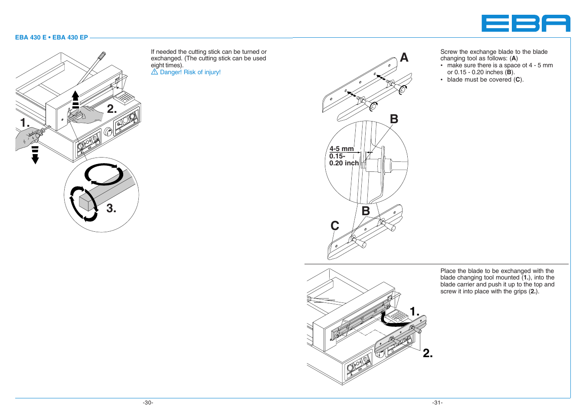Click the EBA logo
coord(526,23)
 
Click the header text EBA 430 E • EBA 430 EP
coord(51,37)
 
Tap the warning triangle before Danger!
coord(154,72)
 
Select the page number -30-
coord(148,403)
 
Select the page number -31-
coord(437,403)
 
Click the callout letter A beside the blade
coord(404,57)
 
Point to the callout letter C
coord(334,226)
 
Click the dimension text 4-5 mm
coord(341,149)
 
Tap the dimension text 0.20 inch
coord(344,163)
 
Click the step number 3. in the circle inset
coord(111,209)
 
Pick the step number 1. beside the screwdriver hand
coord(25,123)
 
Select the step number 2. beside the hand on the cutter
coord(112,109)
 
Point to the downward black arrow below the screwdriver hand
coord(35,155)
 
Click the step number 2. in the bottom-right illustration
coord(428,353)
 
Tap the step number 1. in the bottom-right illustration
coord(415,312)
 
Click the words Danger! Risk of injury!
coord(190,72)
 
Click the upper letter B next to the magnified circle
coord(394,119)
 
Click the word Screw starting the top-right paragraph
coord(449,52)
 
